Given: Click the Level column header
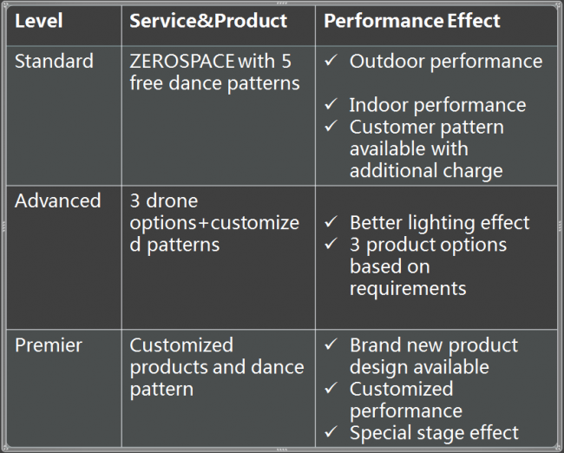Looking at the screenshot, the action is click(x=39, y=21).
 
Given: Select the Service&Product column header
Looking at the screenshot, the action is click(x=208, y=21).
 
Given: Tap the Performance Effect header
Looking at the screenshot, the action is click(x=412, y=21).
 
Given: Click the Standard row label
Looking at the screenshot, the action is click(x=54, y=61).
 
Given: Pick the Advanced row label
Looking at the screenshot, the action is click(x=58, y=200).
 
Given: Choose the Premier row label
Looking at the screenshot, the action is click(x=49, y=345).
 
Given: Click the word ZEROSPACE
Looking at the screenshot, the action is click(x=182, y=61).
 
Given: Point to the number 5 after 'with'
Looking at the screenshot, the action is click(x=286, y=61).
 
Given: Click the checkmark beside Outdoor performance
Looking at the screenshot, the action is click(x=331, y=60).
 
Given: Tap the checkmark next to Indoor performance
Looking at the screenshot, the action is click(x=331, y=104).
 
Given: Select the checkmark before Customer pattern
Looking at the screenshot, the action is click(x=331, y=126).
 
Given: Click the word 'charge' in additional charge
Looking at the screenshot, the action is click(x=473, y=171).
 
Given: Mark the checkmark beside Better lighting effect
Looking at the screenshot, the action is click(x=331, y=221).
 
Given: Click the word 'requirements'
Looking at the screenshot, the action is click(x=408, y=289).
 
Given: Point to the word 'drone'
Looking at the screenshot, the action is click(x=172, y=200).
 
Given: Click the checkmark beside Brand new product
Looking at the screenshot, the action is click(x=331, y=344).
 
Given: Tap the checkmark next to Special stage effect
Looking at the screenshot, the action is click(x=331, y=431).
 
